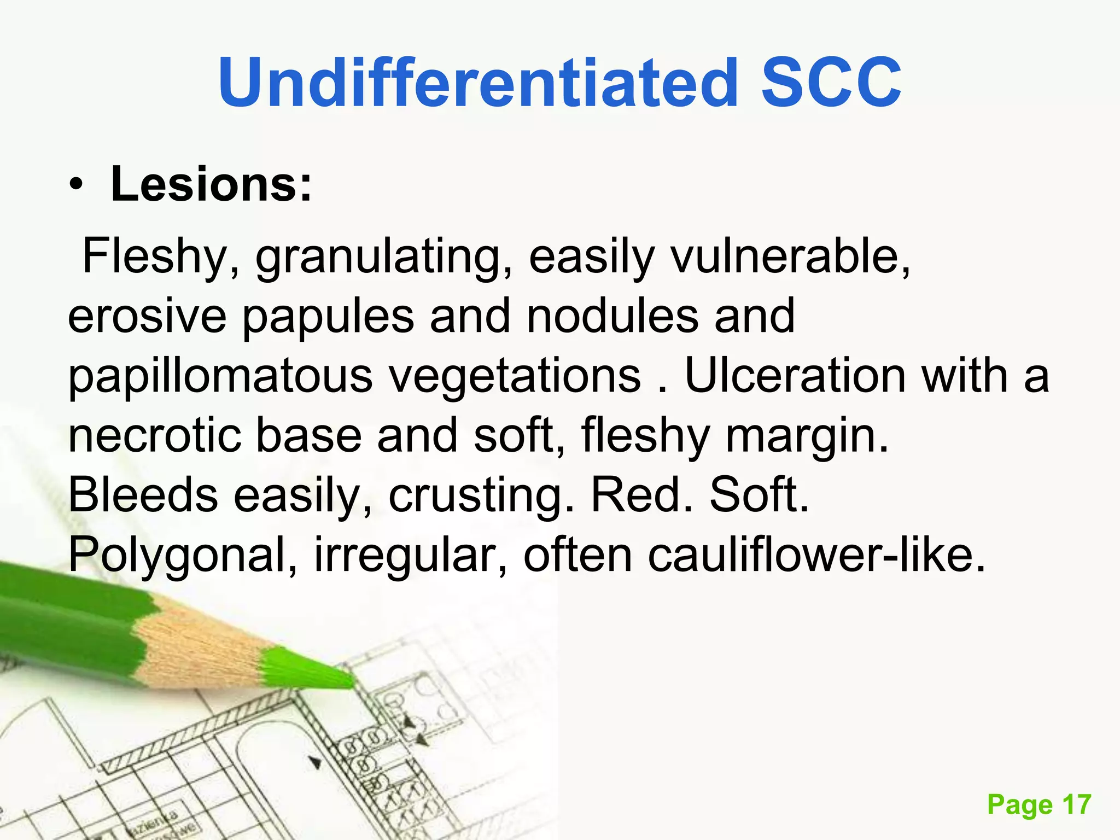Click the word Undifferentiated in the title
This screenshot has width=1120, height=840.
click(x=479, y=83)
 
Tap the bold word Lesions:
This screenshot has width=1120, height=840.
click(x=211, y=184)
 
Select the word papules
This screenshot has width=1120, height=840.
click(x=328, y=317)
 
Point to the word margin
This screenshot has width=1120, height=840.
click(x=807, y=437)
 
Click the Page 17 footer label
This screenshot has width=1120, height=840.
click(x=1039, y=804)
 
